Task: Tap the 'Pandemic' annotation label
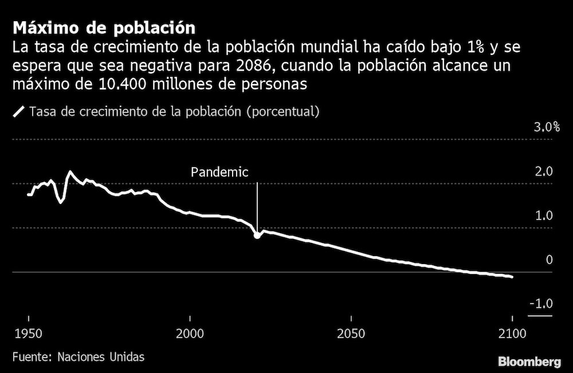point(219,172)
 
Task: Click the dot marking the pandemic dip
point(257,235)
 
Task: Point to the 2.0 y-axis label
point(544,172)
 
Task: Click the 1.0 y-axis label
point(544,216)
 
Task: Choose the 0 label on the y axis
point(549,260)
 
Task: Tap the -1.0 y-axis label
point(541,304)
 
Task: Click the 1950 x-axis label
point(29,333)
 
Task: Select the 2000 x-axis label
point(190,333)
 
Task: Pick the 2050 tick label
point(351,333)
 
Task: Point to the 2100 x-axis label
point(512,333)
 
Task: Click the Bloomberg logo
point(529,362)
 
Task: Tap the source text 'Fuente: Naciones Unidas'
point(78,356)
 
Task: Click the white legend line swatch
point(19,112)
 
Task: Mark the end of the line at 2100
point(511,277)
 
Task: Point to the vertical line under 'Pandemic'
point(257,206)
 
